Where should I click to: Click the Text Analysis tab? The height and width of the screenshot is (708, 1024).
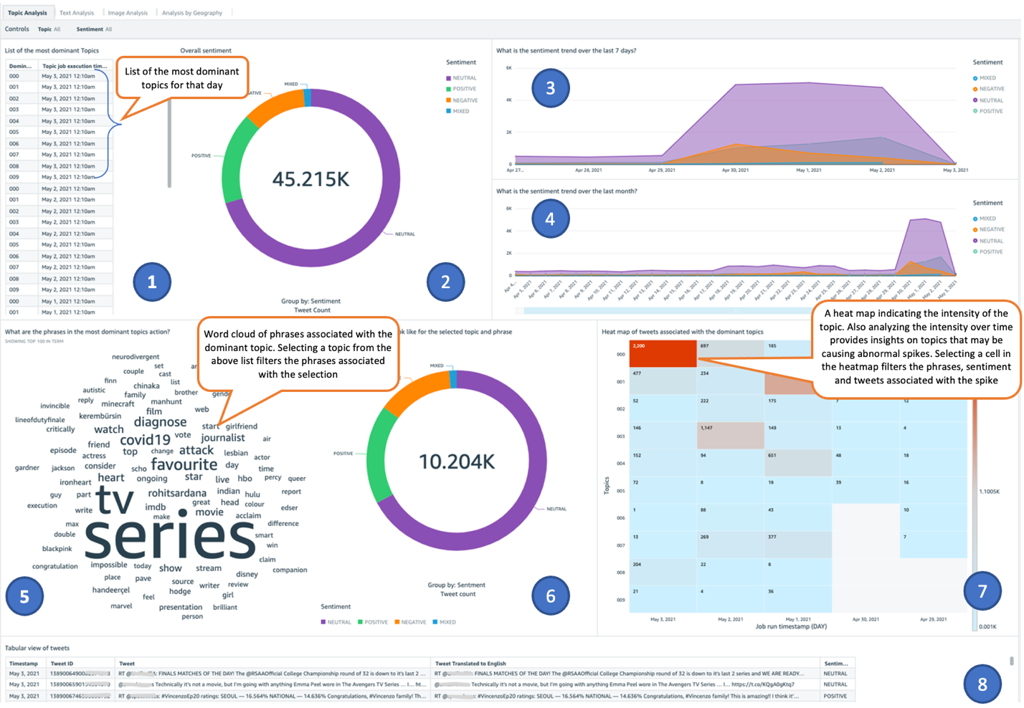(76, 13)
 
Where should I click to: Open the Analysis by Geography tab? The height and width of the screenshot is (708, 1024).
(191, 13)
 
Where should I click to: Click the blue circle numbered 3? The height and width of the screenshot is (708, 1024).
(550, 88)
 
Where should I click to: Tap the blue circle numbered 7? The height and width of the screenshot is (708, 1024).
(982, 591)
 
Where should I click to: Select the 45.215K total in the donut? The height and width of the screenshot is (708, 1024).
(310, 179)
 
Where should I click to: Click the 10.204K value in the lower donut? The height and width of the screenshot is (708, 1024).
(456, 462)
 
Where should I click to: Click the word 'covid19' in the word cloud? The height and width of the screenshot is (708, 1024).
(145, 440)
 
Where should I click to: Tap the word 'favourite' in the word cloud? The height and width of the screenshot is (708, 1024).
(184, 464)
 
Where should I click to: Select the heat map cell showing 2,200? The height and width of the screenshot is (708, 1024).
(663, 353)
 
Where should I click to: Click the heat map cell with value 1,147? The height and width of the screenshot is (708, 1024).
(730, 435)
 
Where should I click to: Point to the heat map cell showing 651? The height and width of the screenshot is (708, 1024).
(797, 463)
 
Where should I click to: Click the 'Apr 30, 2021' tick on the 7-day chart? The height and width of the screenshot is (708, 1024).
(735, 171)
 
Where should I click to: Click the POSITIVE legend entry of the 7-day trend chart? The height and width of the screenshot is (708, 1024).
(990, 111)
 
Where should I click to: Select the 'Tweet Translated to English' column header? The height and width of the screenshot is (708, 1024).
(470, 664)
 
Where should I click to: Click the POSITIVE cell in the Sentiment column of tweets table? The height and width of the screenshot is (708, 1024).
(835, 696)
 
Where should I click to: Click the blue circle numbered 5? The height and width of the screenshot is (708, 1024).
(24, 596)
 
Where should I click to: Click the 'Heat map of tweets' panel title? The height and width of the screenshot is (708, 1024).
(682, 332)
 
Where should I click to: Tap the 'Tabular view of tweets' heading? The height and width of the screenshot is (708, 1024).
(37, 648)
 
